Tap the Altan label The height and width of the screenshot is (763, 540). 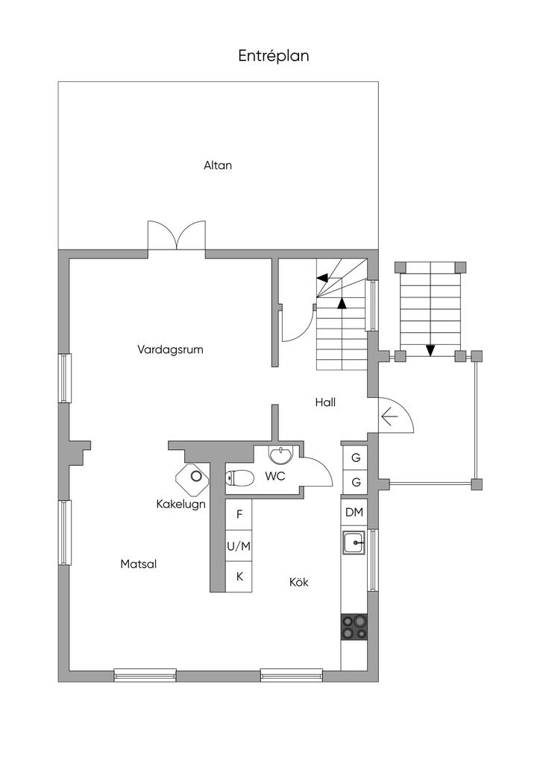coord(218,165)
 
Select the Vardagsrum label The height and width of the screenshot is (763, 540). coord(170,349)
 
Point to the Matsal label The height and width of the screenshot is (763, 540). coord(138,564)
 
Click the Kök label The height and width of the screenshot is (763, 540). coord(298,582)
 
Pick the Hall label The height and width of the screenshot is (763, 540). coord(325,402)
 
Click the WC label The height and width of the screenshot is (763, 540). coord(274,476)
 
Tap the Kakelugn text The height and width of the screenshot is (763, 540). coord(180,504)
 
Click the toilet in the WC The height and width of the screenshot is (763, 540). coord(239,478)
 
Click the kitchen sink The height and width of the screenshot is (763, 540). coord(354,542)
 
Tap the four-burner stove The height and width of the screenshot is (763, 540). coord(354,627)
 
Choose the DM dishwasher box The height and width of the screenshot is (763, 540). coord(354,512)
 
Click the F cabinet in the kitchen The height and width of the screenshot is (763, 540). coord(239,514)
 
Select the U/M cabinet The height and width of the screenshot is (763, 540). coord(239,546)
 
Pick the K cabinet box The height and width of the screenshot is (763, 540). coord(239,577)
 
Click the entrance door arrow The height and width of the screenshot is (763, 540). coord(389,417)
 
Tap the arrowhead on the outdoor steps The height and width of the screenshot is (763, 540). coord(430,350)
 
